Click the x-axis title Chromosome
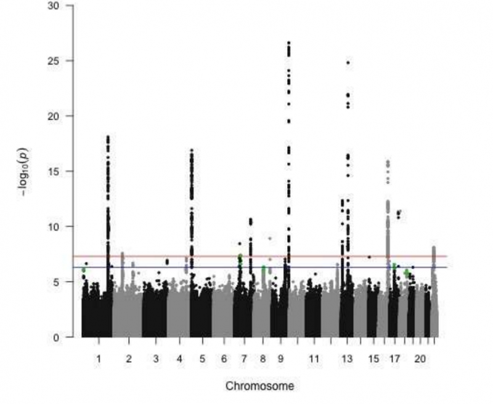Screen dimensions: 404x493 [x=259, y=386]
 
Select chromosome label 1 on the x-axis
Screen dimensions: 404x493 [x=98, y=358]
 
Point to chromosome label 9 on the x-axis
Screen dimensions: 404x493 [x=281, y=358]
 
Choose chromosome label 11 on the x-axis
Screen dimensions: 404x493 [x=314, y=358]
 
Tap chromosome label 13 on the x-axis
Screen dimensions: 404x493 [x=348, y=358]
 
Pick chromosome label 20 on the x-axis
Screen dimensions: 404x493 [x=419, y=358]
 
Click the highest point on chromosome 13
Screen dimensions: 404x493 [x=348, y=62]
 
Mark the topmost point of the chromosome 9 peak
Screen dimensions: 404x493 [x=288, y=42]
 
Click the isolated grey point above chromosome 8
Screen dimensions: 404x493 [x=269, y=238]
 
